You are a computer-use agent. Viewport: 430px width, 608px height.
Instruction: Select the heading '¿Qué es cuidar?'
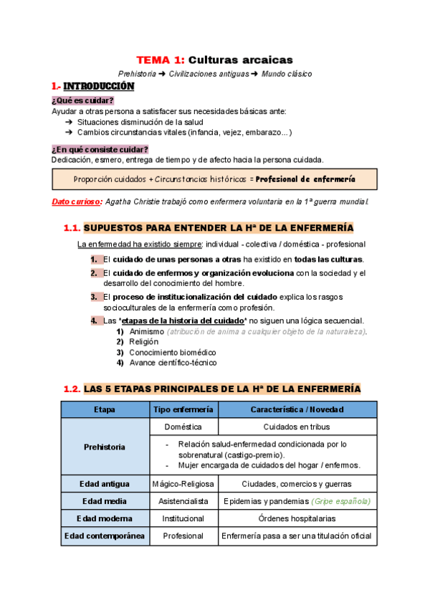[82, 100]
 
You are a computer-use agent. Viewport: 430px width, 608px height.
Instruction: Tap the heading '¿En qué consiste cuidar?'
[100, 149]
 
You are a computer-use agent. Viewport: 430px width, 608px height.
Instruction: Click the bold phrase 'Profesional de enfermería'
[305, 178]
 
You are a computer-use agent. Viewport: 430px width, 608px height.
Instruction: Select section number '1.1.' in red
[72, 229]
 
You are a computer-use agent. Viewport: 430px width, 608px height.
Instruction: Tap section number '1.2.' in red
[72, 389]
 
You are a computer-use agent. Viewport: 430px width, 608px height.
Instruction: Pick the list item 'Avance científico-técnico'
[173, 362]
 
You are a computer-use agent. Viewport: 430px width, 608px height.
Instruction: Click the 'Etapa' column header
[104, 409]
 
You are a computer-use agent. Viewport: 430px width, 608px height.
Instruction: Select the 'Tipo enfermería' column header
[183, 409]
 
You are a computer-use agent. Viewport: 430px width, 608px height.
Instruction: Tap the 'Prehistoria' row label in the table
[104, 447]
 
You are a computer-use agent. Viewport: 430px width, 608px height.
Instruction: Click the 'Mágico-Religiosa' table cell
[183, 483]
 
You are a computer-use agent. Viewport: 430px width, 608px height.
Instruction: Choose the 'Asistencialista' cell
[183, 501]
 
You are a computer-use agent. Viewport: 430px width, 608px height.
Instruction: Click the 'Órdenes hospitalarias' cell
[297, 518]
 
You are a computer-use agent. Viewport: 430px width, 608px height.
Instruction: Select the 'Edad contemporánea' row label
[104, 536]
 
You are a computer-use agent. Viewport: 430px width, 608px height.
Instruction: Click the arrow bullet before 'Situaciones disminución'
[68, 122]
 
